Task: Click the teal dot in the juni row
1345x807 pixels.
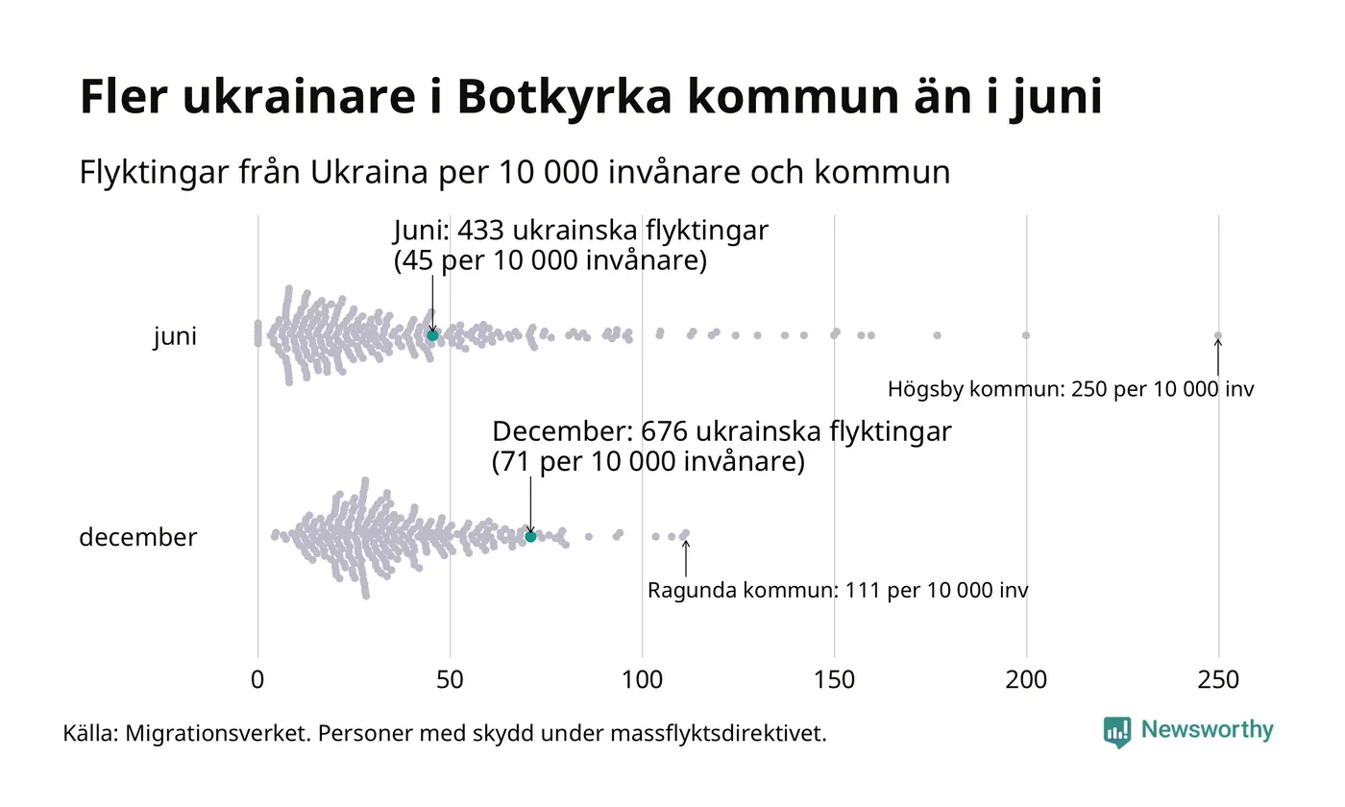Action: (432, 334)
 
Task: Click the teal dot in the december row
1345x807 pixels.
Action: (530, 536)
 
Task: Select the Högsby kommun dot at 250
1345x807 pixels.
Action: (1218, 335)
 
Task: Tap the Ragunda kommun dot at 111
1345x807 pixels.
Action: (685, 533)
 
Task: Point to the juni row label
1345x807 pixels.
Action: (175, 336)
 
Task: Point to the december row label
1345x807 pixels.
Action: (137, 537)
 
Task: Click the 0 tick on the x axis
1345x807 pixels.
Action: (257, 680)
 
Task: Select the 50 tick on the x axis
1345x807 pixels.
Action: (450, 680)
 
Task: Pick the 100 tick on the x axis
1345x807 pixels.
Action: (642, 680)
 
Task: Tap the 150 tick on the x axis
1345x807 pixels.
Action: (834, 680)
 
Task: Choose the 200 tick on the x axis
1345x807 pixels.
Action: (1026, 680)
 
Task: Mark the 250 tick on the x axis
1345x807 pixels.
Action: (1218, 680)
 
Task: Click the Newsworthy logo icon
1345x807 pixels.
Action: (1117, 731)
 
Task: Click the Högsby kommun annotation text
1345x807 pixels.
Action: (1070, 390)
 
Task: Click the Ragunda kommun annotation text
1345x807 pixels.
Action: (837, 590)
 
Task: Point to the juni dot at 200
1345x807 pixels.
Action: (1026, 335)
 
